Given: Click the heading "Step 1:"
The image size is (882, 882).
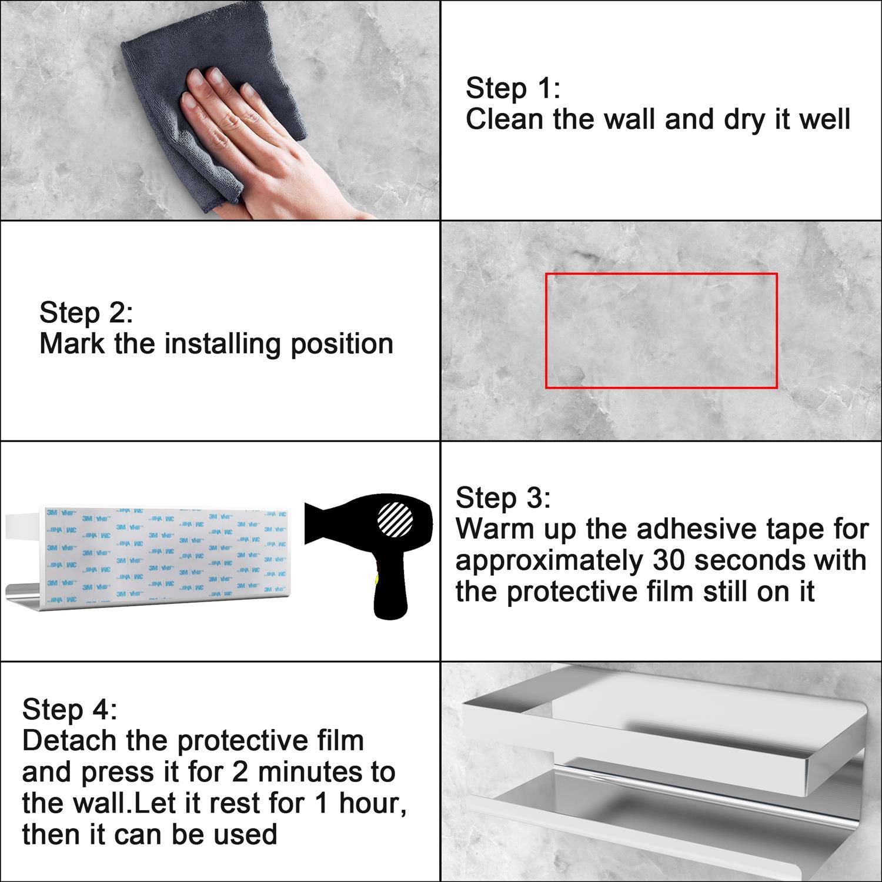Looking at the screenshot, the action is [513, 88].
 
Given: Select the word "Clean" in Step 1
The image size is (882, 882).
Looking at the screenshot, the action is [505, 119].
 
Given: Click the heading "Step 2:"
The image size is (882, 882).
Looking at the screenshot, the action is [86, 312].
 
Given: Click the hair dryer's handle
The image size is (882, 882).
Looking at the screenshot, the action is [391, 588].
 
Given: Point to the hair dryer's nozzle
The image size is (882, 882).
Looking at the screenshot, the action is [320, 522].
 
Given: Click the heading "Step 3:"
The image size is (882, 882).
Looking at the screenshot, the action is [503, 497].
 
